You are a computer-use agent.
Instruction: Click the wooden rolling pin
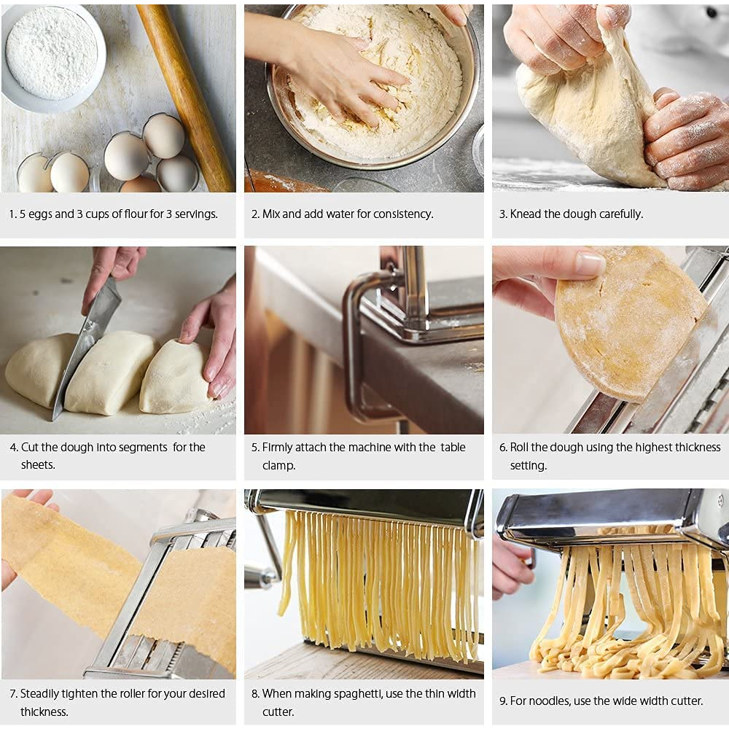[x=185, y=95]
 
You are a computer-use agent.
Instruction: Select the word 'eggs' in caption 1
[x=42, y=214]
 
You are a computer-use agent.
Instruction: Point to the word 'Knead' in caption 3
[x=526, y=214]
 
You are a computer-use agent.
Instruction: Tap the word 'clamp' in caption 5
[x=279, y=465]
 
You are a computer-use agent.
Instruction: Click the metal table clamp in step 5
[x=364, y=343]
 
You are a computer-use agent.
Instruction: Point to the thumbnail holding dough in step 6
[x=590, y=263]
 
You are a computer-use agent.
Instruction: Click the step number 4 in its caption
[x=13, y=448]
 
